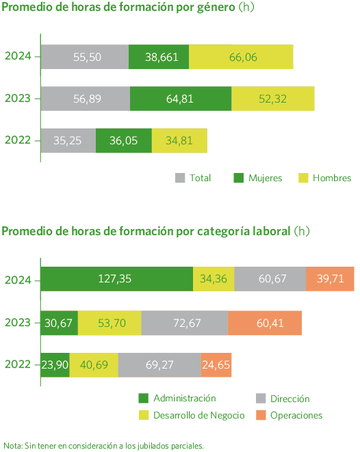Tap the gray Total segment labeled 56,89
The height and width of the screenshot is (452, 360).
(x=86, y=98)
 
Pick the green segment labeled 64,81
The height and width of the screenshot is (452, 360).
(x=181, y=98)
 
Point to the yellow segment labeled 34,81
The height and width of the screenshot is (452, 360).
(x=179, y=140)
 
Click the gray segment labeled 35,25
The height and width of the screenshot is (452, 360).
(x=68, y=140)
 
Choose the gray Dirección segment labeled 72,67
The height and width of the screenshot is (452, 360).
(x=184, y=321)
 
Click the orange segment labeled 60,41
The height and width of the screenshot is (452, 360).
(x=265, y=321)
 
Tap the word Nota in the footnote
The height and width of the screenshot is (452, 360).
(x=12, y=445)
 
